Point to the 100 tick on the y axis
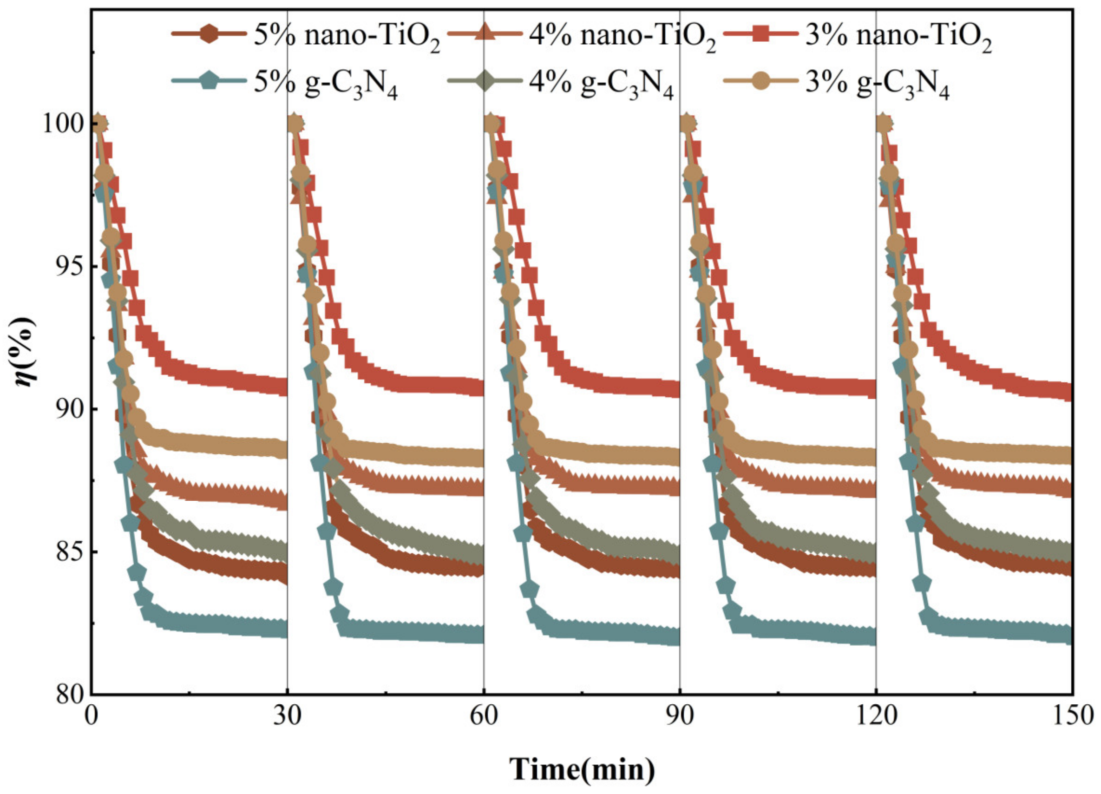pyautogui.click(x=63, y=124)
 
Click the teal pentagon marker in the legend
pyautogui.click(x=209, y=82)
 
